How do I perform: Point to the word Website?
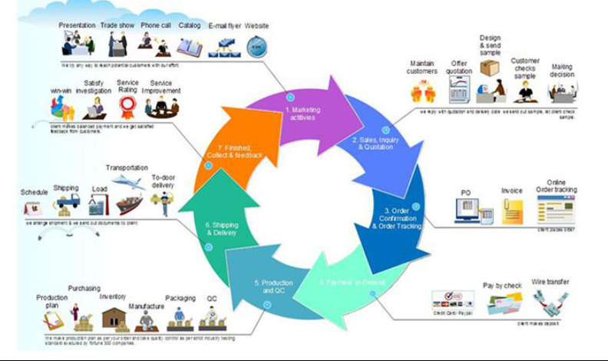pos(256,25)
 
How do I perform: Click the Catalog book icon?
pos(190,48)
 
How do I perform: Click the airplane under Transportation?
pos(127,182)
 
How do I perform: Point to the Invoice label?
pos(512,190)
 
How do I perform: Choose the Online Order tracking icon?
pos(555,208)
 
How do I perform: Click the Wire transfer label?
pos(550,283)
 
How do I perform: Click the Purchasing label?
pos(84,288)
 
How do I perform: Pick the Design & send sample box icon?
pos(489,68)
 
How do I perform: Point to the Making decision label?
pos(562,71)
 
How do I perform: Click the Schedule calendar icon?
pos(33,207)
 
